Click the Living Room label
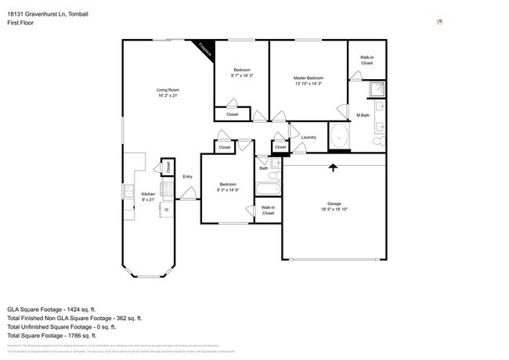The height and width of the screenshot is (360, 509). pyautogui.click(x=168, y=93)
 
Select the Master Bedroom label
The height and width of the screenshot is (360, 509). pyautogui.click(x=309, y=81)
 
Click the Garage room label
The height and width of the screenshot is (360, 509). pyautogui.click(x=334, y=207)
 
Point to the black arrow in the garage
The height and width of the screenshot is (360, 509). pyautogui.click(x=334, y=167)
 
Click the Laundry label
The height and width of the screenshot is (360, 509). pyautogui.click(x=309, y=138)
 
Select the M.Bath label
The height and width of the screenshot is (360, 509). pyautogui.click(x=363, y=116)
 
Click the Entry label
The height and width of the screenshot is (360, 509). pyautogui.click(x=188, y=177)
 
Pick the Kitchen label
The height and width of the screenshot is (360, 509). pyautogui.click(x=148, y=197)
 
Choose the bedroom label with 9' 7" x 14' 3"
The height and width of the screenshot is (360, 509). pyautogui.click(x=241, y=74)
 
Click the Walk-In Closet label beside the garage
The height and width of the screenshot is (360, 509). pyautogui.click(x=268, y=210)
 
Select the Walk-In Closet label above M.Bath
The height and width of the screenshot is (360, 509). pyautogui.click(x=366, y=60)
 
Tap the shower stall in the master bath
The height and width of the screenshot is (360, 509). pyautogui.click(x=377, y=89)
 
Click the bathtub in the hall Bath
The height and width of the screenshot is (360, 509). pyautogui.click(x=268, y=189)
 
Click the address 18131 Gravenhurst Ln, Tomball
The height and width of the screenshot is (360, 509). pyautogui.click(x=48, y=13)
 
